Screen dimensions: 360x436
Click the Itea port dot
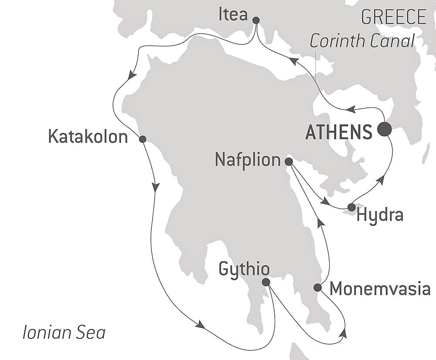tap(256, 20)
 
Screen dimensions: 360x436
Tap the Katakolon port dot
tap(142, 139)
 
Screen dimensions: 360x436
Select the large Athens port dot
tap(384, 129)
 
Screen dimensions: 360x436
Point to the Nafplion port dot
tap(288, 161)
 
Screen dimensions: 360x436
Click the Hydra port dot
tap(351, 207)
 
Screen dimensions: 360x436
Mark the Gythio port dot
tap(266, 282)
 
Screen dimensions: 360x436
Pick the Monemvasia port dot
tap(317, 288)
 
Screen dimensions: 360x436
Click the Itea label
tap(232, 15)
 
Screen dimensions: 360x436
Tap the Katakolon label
tap(88, 137)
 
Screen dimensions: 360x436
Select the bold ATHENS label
tap(339, 132)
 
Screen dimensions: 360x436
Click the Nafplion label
tap(248, 160)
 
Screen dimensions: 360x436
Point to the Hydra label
tap(380, 215)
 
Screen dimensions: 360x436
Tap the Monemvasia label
tap(380, 289)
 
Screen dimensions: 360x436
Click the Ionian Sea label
tap(64, 333)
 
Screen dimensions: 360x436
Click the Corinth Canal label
tap(362, 41)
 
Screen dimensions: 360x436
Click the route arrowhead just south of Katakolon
tap(156, 187)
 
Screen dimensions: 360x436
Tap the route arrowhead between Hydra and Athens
tap(382, 179)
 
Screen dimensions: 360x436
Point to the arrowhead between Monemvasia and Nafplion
tap(321, 223)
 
